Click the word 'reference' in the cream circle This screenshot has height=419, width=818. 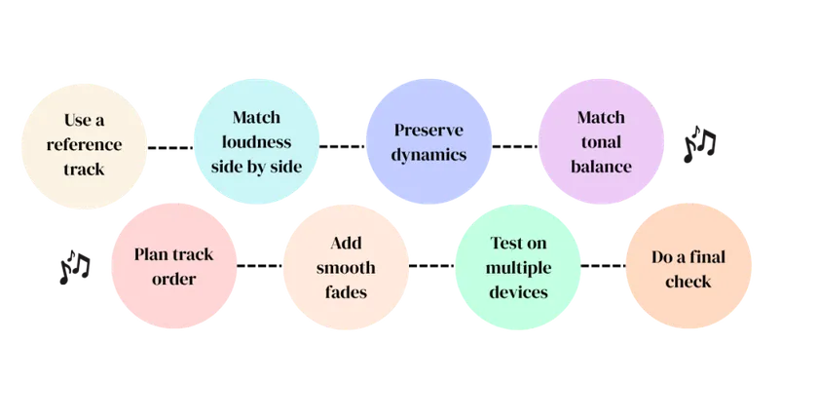[84, 144]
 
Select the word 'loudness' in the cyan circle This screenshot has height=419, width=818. [256, 142]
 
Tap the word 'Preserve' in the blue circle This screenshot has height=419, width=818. [428, 130]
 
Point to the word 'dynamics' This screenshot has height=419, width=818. [428, 155]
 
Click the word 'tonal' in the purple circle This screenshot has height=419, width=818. [601, 142]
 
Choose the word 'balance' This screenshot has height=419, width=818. [601, 167]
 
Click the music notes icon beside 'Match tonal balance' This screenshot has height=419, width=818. [699, 144]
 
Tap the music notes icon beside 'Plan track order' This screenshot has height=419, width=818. [75, 267]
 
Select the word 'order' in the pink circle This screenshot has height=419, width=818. [173, 279]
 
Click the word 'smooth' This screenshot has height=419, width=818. [346, 268]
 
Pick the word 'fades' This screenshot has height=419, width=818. [346, 292]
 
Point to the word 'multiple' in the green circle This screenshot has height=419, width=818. [518, 268]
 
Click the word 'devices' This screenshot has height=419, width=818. [518, 292]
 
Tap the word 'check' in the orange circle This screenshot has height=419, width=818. [688, 282]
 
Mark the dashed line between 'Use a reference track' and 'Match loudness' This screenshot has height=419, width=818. [170, 148]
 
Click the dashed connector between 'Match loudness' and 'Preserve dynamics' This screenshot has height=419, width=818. [342, 146]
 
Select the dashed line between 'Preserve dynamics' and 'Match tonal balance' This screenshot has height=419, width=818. [515, 146]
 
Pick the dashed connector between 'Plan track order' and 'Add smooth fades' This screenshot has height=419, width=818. [259, 266]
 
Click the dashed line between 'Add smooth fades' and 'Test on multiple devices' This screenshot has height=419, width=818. [431, 266]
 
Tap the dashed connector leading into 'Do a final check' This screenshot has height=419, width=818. [603, 266]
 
